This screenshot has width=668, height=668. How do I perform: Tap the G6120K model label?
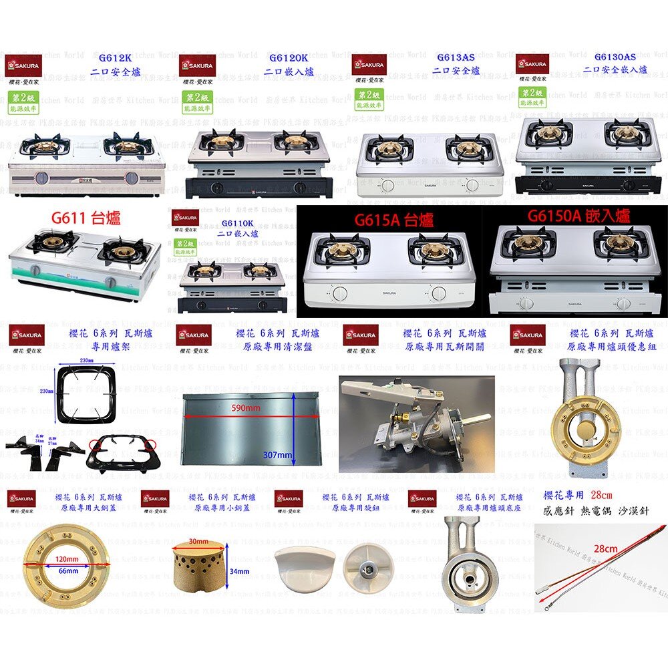point(288,58)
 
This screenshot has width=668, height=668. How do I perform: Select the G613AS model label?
point(456,58)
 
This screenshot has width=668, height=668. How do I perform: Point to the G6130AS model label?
point(615,57)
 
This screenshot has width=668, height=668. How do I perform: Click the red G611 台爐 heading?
point(86,218)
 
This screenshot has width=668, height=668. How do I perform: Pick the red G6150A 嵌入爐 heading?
point(578,216)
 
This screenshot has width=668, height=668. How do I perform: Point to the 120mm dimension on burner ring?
point(67,558)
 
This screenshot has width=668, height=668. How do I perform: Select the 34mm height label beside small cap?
point(239,571)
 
